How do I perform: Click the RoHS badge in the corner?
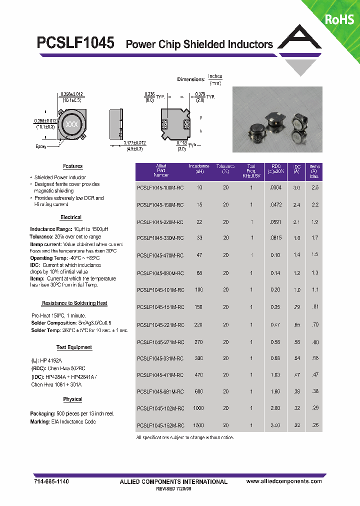click(x=339, y=19)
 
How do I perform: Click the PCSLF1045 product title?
click(x=76, y=43)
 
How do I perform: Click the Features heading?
click(x=72, y=166)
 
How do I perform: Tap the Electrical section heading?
click(x=71, y=217)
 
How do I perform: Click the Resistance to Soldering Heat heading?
click(x=74, y=303)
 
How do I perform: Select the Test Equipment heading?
click(x=74, y=347)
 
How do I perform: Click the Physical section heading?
click(x=72, y=399)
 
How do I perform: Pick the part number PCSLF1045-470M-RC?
click(x=160, y=255)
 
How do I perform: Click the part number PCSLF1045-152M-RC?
click(x=160, y=425)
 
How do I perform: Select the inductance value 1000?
click(x=198, y=408)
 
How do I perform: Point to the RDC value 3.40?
click(x=275, y=425)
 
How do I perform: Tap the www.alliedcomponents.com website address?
click(x=284, y=481)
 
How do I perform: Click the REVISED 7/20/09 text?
click(x=173, y=488)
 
